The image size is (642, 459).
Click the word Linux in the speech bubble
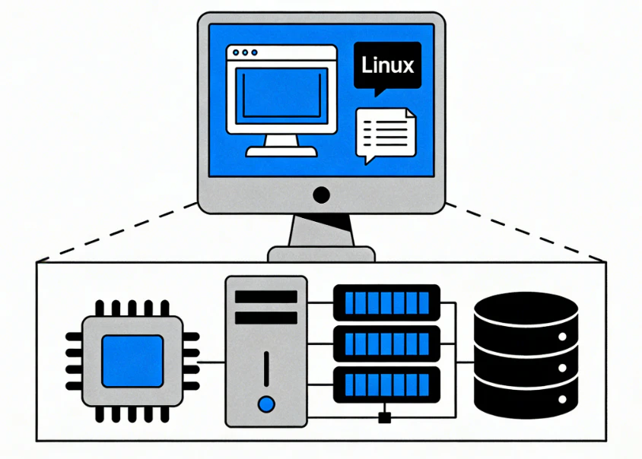387,65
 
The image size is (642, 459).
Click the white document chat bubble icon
386,134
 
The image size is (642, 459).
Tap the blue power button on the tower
265,404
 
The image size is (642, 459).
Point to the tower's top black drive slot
265,296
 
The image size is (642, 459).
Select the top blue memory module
387,302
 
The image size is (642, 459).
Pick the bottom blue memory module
387,385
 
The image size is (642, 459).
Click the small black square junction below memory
385,416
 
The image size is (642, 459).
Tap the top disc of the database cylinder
526,307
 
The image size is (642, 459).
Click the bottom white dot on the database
563,397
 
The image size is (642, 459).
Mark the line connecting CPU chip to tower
211,362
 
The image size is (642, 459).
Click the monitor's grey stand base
321,254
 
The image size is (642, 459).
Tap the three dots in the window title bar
245,53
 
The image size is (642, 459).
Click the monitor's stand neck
321,229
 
